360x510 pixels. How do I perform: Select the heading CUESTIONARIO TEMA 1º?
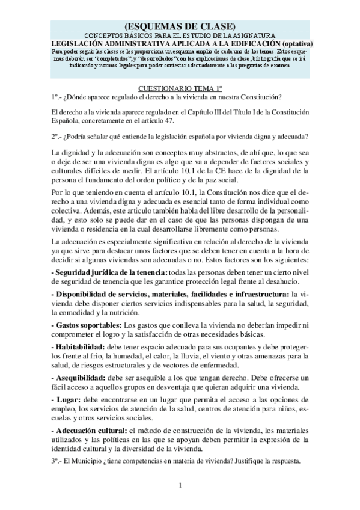pyautogui.click(x=179, y=88)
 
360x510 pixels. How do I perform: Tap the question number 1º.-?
pyautogui.click(x=58, y=96)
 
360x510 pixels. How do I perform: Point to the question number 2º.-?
pyautogui.click(x=58, y=136)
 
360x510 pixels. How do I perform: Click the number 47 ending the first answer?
pyautogui.click(x=177, y=121)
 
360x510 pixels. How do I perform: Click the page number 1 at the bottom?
pyautogui.click(x=180, y=485)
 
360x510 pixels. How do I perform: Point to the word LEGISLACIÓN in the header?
pyautogui.click(x=77, y=43)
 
